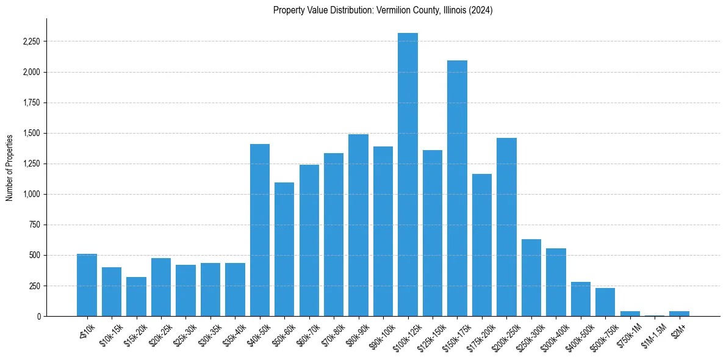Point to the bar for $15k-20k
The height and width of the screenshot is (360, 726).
(x=136, y=297)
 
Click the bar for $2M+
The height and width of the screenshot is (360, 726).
(x=679, y=314)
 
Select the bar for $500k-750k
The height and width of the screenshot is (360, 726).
(x=605, y=302)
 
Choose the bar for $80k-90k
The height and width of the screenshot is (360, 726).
(x=358, y=225)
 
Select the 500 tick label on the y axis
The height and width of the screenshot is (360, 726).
(x=34, y=255)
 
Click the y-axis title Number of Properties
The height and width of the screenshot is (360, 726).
(x=10, y=167)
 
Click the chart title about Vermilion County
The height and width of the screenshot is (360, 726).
(x=383, y=10)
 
